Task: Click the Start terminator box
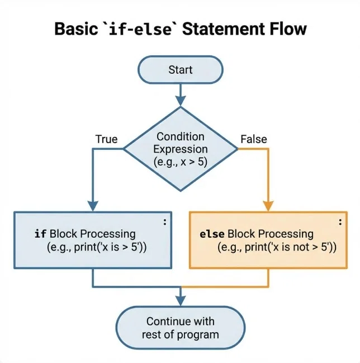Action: tap(181, 70)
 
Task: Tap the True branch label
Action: tap(106, 139)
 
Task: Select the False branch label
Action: tap(254, 139)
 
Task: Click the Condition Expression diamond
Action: tap(181, 149)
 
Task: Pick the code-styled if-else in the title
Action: tap(140, 29)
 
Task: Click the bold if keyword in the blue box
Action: tap(40, 234)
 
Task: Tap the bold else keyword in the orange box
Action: tap(212, 234)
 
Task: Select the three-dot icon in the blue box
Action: tap(165, 222)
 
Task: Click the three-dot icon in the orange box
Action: tap(340, 222)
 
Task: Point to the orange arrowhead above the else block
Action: tap(268, 206)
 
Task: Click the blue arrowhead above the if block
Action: tap(93, 206)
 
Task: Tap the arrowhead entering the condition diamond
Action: tap(181, 101)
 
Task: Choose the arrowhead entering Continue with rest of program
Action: tap(181, 301)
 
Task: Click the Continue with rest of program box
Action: tap(181, 328)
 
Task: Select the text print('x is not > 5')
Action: tap(291, 247)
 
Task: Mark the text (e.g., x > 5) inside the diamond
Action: tap(181, 162)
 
